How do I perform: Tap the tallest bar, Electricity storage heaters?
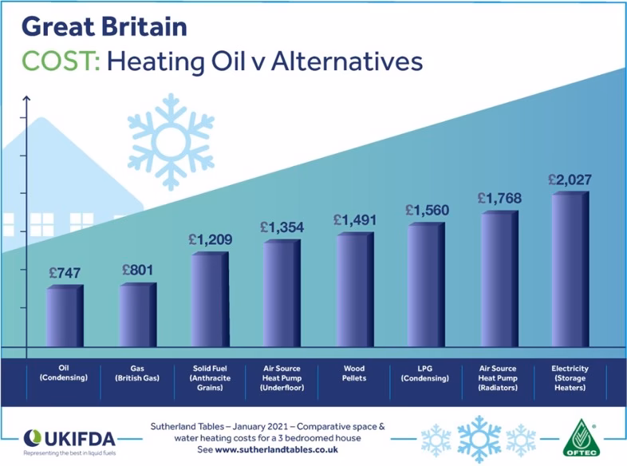[x=570, y=271]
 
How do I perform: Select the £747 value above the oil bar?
[x=64, y=272]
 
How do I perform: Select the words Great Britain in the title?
[x=104, y=26]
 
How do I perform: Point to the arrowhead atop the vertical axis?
[x=27, y=99]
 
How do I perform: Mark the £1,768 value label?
[x=499, y=198]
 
